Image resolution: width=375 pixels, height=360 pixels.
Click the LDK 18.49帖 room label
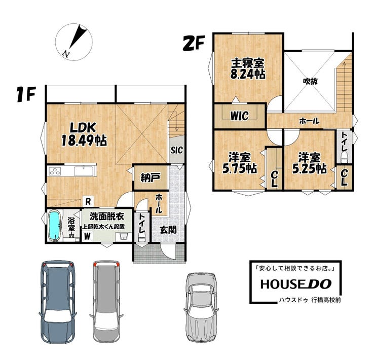[x=84, y=134]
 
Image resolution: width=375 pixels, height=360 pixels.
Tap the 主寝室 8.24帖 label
[x=248, y=68]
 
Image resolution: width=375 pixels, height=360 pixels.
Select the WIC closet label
[x=239, y=116]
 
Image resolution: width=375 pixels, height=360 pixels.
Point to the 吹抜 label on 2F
[x=310, y=82]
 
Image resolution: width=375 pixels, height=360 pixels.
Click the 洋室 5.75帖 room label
[x=240, y=163]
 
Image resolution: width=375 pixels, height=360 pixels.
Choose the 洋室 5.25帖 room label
[x=309, y=163]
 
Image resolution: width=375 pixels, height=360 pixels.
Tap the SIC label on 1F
[x=177, y=150]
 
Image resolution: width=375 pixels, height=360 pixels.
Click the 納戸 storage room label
[x=150, y=177]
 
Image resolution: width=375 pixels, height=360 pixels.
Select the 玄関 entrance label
[x=168, y=230]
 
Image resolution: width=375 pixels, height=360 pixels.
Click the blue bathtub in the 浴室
[x=54, y=225]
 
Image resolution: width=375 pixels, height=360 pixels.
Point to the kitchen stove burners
[x=55, y=171]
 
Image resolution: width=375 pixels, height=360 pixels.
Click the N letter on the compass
[x=66, y=54]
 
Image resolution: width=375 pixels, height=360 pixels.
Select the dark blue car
[x=57, y=302]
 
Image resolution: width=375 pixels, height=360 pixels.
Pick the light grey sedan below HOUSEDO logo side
[x=201, y=307]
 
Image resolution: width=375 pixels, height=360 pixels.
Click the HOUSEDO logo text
[x=296, y=284]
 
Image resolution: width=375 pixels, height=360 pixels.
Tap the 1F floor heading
[x=26, y=94]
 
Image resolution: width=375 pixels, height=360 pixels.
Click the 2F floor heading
[x=194, y=43]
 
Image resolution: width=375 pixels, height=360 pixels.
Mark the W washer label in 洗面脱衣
[x=87, y=236]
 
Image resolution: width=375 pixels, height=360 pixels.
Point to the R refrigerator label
[x=88, y=201]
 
